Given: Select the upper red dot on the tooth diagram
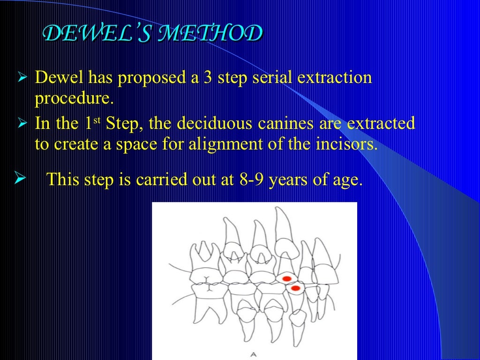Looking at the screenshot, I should click(287, 278).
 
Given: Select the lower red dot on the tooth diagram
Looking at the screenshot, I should click(295, 288).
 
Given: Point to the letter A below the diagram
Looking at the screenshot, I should click(254, 354).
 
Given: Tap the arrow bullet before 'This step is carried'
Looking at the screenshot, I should click(19, 178).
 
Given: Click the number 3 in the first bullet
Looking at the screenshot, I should click(208, 77).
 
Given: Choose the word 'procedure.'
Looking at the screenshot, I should click(74, 99).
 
